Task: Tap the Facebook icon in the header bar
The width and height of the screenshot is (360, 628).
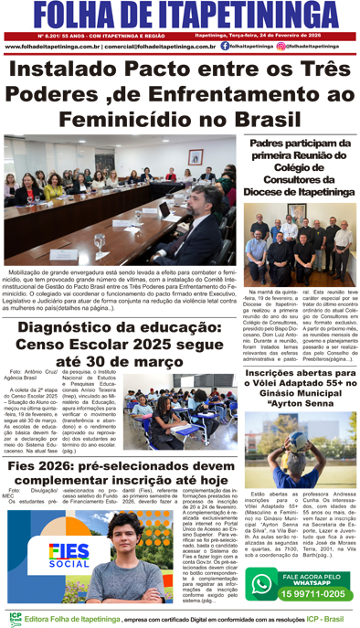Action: click(x=225, y=45)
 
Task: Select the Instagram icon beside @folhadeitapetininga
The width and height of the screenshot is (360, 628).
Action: click(x=281, y=45)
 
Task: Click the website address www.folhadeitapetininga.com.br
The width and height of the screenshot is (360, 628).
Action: click(x=53, y=46)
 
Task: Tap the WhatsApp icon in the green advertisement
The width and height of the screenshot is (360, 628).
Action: click(x=264, y=585)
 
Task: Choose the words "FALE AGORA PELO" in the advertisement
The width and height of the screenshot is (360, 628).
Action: click(x=314, y=576)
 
